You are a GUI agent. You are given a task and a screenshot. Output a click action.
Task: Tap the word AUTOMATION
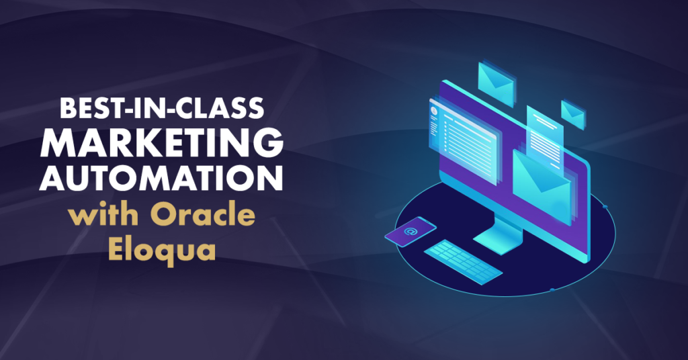click(x=161, y=177)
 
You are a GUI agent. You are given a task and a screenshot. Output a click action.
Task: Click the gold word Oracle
click(x=203, y=215)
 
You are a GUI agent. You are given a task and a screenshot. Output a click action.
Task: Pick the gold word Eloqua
click(x=161, y=249)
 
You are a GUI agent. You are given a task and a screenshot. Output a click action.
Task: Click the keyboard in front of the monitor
click(x=463, y=262)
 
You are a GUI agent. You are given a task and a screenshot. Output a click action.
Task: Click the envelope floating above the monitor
click(x=496, y=84)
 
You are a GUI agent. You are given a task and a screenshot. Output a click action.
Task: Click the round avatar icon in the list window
click(x=435, y=111)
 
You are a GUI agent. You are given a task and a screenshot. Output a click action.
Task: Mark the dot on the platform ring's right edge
click(x=605, y=206)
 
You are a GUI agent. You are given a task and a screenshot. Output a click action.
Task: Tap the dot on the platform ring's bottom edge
click(x=552, y=290)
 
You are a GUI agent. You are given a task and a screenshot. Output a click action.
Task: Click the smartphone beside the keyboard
click(x=411, y=232)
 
